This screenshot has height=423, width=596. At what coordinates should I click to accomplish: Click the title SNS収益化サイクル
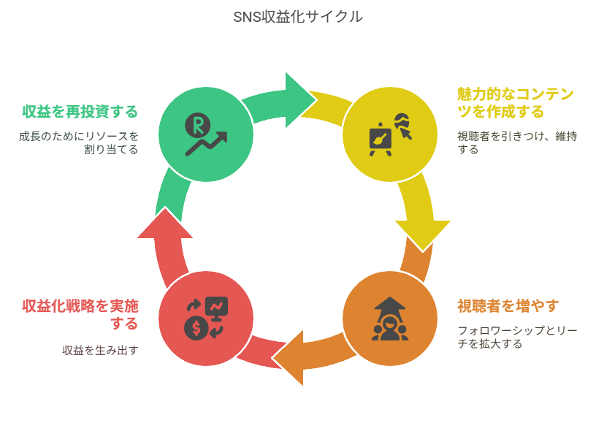click(298, 17)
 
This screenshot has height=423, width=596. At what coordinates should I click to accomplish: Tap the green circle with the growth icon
click(206, 134)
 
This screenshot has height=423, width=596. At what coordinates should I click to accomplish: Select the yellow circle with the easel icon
click(390, 134)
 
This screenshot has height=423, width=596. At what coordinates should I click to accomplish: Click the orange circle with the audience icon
click(390, 319)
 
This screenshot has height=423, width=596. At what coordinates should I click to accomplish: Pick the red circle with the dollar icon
click(206, 319)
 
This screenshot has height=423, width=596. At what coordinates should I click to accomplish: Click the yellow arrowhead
click(423, 233)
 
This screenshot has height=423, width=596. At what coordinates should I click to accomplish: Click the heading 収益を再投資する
click(80, 111)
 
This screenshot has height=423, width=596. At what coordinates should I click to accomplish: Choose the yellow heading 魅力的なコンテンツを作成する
click(515, 102)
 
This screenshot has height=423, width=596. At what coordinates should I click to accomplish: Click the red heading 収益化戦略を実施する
click(80, 313)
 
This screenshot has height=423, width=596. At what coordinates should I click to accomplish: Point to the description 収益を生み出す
click(100, 350)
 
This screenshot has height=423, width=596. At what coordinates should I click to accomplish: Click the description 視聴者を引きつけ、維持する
click(517, 142)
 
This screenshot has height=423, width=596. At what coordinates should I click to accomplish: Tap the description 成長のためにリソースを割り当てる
click(79, 142)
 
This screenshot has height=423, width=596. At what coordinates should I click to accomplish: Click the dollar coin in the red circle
click(196, 329)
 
